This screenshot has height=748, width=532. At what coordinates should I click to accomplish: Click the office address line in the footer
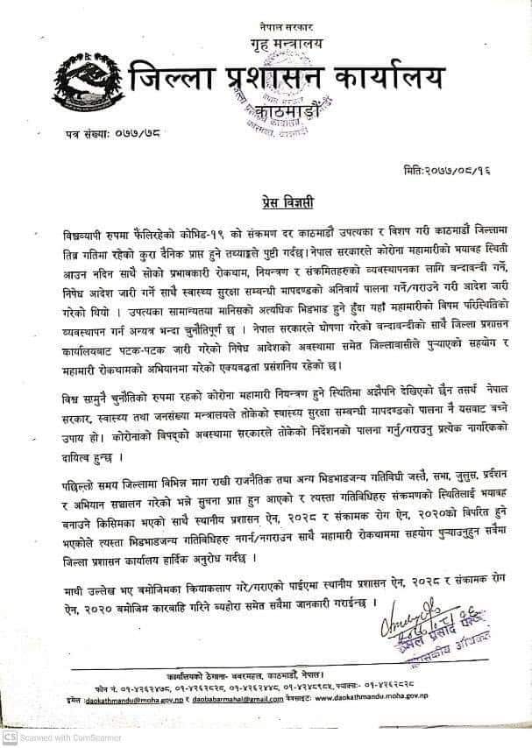263,680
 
